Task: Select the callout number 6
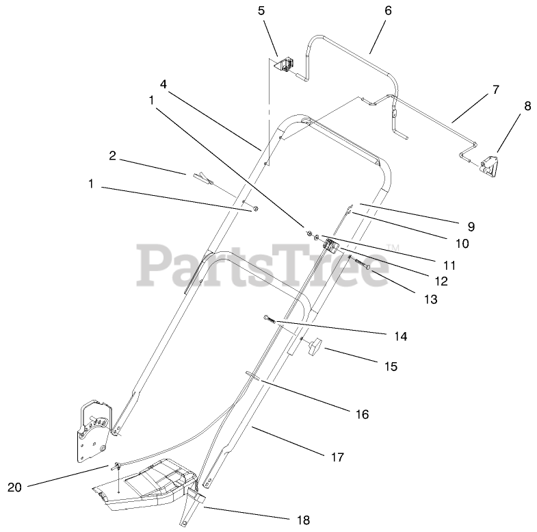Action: pos(389,10)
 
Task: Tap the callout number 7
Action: pos(495,89)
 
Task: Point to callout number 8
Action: pos(527,106)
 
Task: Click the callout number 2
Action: pos(112,155)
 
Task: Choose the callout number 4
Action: pos(163,84)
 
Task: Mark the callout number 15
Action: pos(390,366)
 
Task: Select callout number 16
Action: pos(362,414)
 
